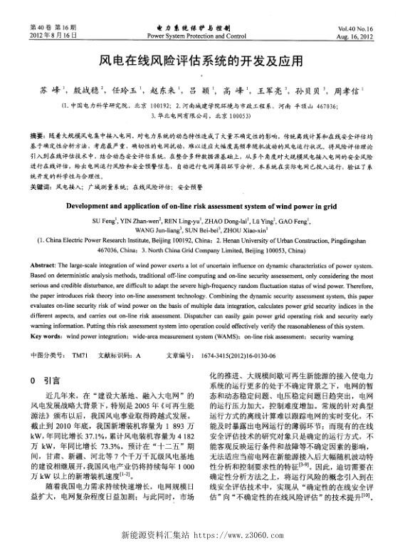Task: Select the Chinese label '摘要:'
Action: pyautogui.click(x=41, y=135)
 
